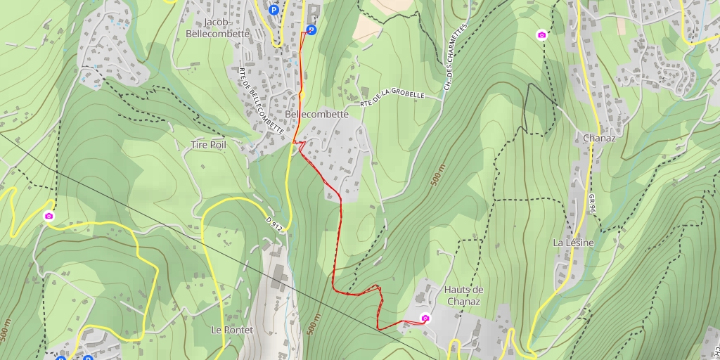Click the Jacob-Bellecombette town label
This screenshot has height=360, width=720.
[x=217, y=27]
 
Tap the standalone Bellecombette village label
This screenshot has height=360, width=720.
[x=317, y=114]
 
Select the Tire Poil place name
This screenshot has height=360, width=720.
[x=208, y=145]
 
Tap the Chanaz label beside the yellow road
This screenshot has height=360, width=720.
[x=599, y=138]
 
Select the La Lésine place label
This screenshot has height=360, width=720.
[x=573, y=243]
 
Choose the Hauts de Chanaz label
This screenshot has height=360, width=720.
[x=462, y=295]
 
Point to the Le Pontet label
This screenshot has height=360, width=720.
[x=227, y=329]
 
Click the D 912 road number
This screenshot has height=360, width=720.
[x=275, y=224]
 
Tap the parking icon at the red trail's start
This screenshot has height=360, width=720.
[x=310, y=30]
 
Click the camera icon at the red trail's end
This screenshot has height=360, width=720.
[x=425, y=319]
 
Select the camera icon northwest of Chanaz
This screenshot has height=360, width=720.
[x=541, y=34]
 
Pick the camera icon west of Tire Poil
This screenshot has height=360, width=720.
[x=49, y=216]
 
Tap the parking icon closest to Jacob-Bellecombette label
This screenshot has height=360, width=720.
[x=274, y=10]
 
